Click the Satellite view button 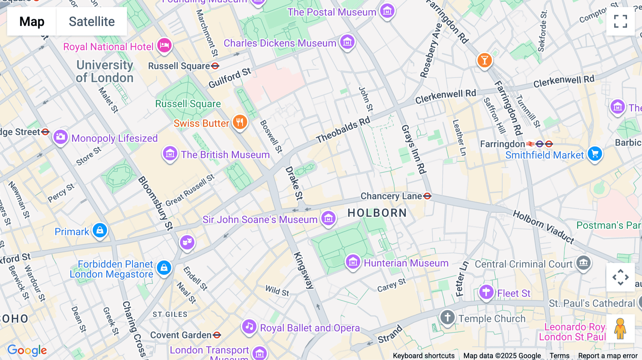pos(92,21)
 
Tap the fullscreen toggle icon pos(620,21)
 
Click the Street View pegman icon pos(620,328)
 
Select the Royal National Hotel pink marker pos(164,46)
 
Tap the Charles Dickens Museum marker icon pos(347,42)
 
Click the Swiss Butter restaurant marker pos(240,122)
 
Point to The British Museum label pos(225,155)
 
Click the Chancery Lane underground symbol pos(427,196)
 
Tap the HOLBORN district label pos(377,213)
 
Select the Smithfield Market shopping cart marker pos(595,154)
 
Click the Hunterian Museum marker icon pos(353,262)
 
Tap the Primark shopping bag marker pos(100,231)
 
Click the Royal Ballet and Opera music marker pos(249,326)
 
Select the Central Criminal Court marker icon pos(584,263)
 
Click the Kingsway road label pos(304,270)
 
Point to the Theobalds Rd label pos(343,130)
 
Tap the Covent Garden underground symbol pos(217,335)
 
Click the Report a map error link pos(608,356)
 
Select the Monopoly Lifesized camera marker pos(61,137)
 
